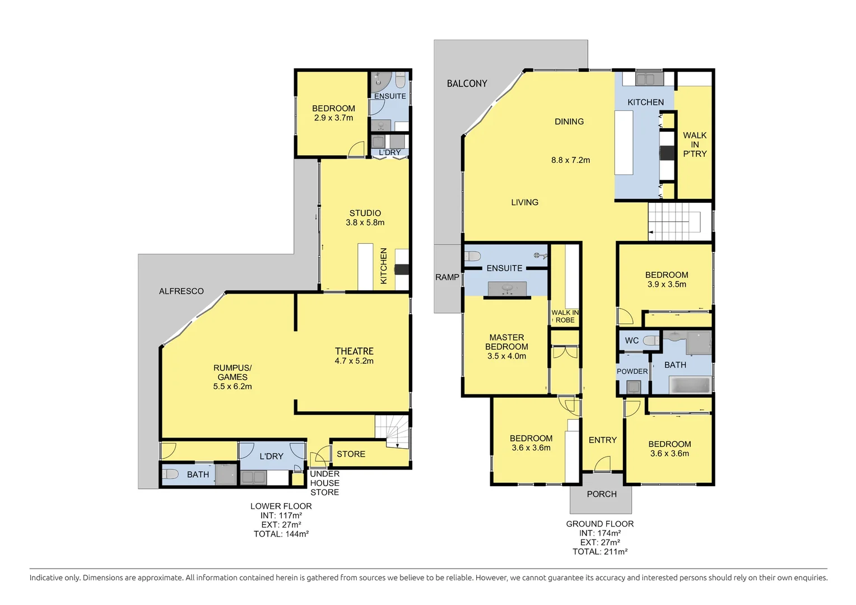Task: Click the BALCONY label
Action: coord(467,83)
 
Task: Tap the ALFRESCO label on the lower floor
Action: coord(181,291)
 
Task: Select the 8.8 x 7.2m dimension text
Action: coord(570,160)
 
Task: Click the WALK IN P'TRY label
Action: coord(695,145)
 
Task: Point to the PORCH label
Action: coord(602,494)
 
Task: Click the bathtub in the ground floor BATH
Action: coord(691,385)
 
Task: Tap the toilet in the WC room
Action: coord(652,341)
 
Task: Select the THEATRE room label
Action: coord(354,351)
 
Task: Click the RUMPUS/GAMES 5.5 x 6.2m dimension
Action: coord(232,387)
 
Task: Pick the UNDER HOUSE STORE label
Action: coord(325,483)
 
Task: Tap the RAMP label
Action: coord(447,277)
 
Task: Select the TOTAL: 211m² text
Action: coord(600,552)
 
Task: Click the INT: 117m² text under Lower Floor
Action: coord(281,515)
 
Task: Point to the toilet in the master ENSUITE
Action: coord(473,256)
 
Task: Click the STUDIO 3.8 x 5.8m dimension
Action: coord(365,222)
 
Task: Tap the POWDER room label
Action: coord(632,371)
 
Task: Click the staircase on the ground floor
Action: coord(674,221)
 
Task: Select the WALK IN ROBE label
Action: coord(565,317)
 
